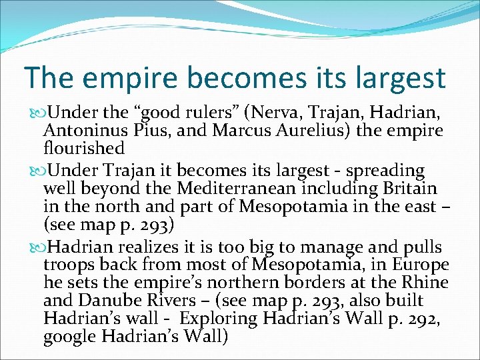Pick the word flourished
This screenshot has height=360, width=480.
coord(83,147)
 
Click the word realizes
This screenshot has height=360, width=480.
coord(133,248)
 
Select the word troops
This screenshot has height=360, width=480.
coord(70,266)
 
